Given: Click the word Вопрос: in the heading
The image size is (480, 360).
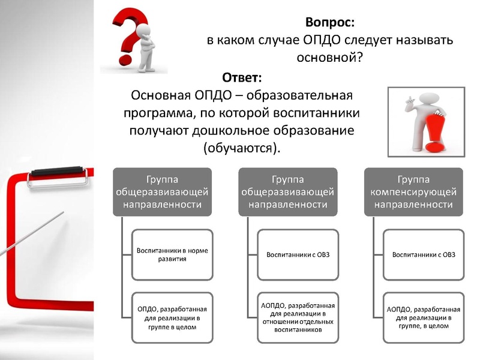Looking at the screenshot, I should (330, 22).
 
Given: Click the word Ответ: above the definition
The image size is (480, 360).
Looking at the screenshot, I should (242, 78).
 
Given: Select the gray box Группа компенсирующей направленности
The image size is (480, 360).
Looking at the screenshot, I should (413, 192).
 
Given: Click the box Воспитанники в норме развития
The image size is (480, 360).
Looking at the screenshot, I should (172, 254).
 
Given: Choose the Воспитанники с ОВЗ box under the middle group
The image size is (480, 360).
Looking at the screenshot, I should (298, 254).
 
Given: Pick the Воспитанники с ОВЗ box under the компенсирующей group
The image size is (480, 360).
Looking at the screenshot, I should (424, 254).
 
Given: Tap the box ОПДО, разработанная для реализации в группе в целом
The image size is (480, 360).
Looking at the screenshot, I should (172, 317).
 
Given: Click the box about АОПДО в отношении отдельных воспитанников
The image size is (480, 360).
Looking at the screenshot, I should (298, 317).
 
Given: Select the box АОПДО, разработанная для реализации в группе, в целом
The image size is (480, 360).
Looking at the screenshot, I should (424, 317).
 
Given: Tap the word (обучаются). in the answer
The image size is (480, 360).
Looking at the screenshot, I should (242, 147).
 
